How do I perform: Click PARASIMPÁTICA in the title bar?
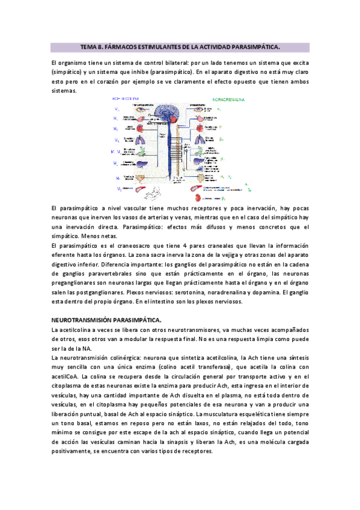[254, 46]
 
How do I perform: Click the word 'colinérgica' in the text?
[130, 357]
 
